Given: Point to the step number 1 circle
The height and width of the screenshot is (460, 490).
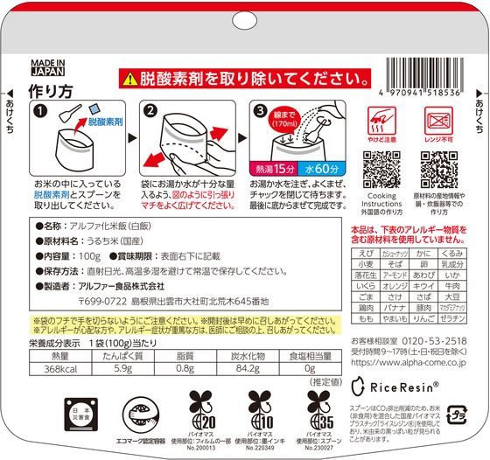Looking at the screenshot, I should pos(40,113).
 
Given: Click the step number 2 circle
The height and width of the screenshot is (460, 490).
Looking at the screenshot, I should pos(147,112).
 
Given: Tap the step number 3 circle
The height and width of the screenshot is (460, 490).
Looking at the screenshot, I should pos(261,111).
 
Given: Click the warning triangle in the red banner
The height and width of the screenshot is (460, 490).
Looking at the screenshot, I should pos(129,78).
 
